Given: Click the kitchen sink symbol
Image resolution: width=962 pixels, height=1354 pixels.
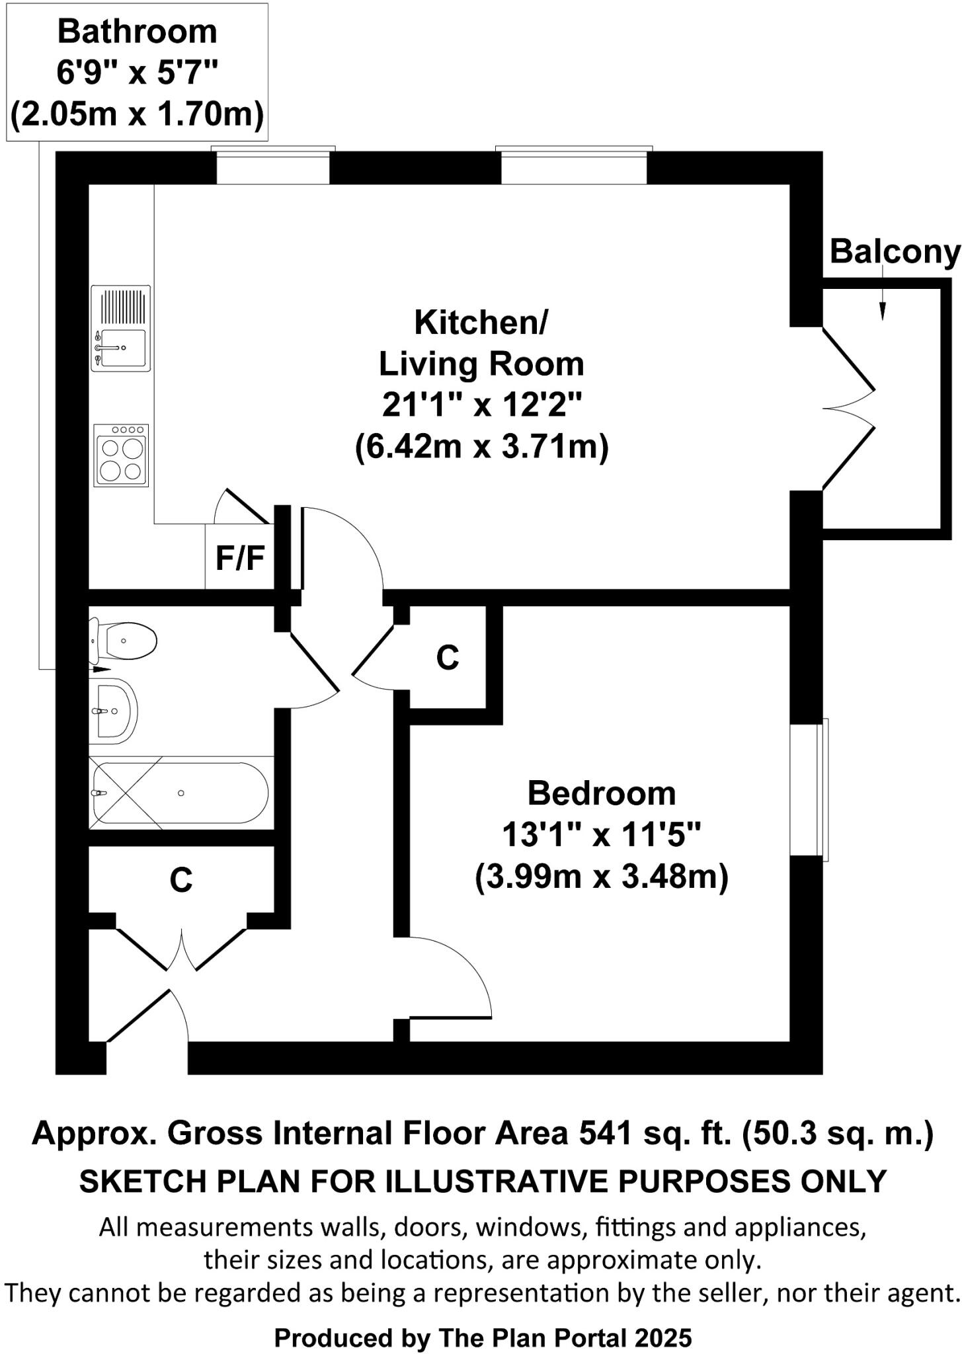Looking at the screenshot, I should pos(121,329).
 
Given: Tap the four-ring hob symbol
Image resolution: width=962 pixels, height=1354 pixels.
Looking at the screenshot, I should pos(121,456).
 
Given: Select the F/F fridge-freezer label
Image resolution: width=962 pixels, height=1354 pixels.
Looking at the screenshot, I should pos(240,558).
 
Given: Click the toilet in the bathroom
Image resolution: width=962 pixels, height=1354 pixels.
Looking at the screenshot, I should pos(124,641).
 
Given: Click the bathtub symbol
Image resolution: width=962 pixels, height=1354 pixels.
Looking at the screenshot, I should pos(180,793).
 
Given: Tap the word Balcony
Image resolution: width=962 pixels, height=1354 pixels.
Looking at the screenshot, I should pos(894,252).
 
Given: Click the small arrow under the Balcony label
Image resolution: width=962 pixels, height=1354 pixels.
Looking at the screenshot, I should pos(882,307).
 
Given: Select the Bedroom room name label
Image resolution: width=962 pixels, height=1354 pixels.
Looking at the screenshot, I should pos(601,793).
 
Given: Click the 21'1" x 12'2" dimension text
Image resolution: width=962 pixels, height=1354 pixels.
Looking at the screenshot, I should pos(481,405).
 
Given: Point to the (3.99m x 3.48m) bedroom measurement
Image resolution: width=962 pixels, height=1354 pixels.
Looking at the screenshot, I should pos(601,877).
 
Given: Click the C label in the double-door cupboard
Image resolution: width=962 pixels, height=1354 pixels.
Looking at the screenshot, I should pos(180,880).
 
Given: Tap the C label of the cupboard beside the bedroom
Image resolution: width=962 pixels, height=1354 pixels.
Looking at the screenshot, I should pos(448,657).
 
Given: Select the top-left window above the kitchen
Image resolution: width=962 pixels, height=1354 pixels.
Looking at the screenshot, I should pos(272,166).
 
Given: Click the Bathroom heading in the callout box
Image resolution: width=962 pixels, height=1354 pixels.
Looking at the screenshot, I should pos(137,32).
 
